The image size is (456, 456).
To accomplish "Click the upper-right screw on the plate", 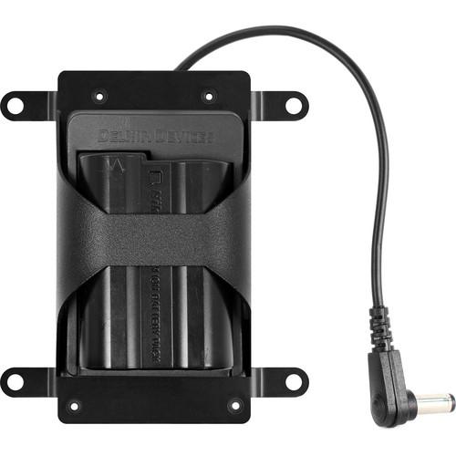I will point(209,95).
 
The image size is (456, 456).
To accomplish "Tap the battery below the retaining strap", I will point(155,319).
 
